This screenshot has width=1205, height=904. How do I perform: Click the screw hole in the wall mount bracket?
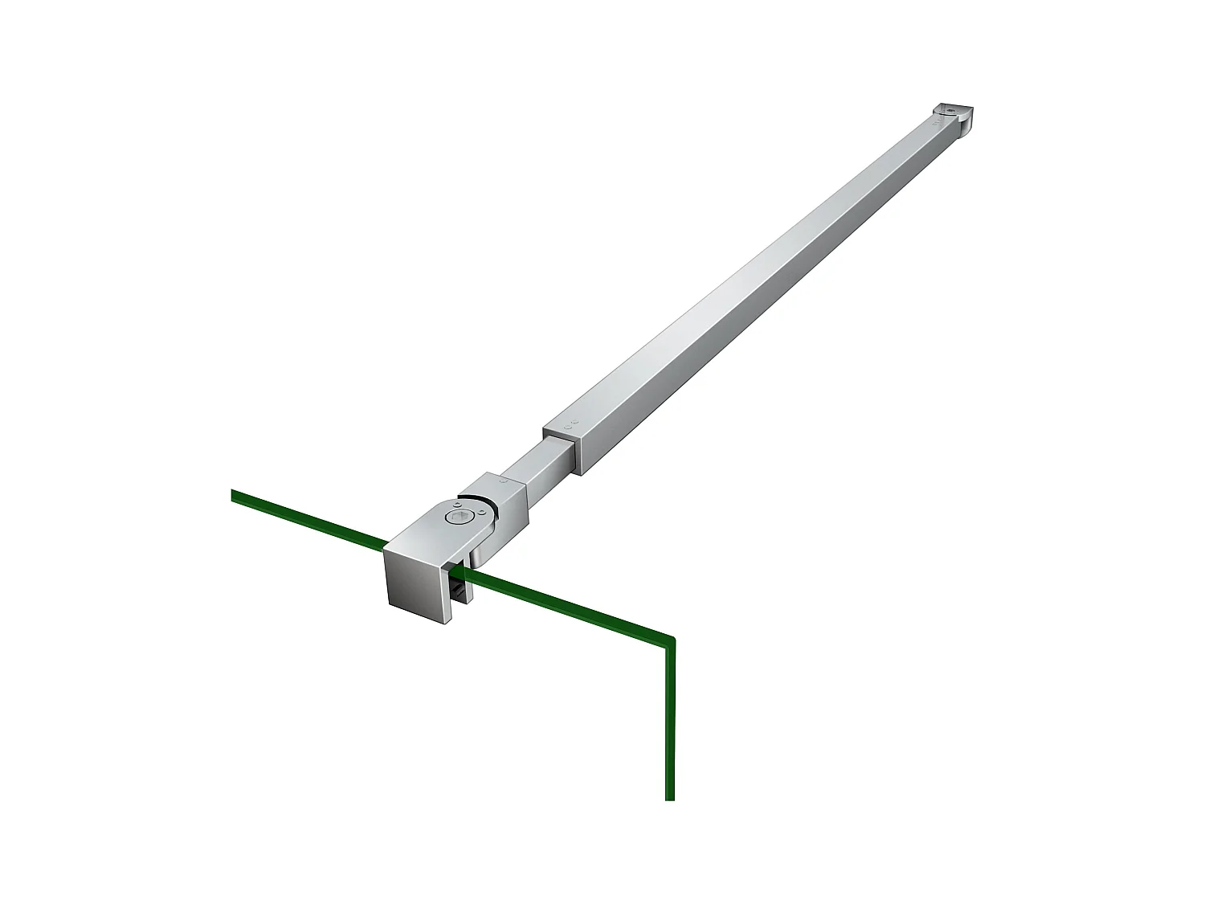tap(950, 110)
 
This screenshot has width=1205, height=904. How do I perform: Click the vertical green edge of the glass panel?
tap(670, 723)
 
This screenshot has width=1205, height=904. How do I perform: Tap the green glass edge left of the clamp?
tap(305, 518)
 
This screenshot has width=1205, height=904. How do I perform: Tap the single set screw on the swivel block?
tap(504, 481)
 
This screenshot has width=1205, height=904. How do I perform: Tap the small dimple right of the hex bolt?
tap(482, 512)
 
